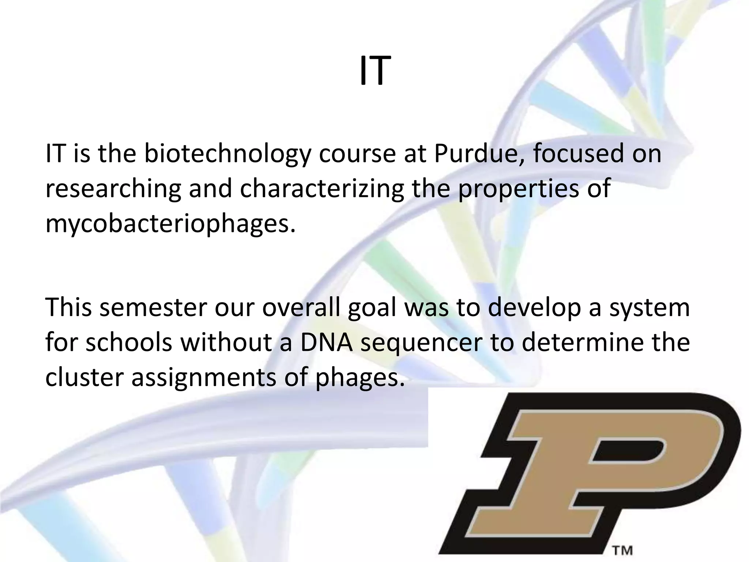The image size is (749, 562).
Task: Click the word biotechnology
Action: (x=226, y=154)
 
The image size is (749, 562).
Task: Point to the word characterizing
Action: (x=321, y=189)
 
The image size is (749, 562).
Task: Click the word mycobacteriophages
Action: (x=170, y=224)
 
